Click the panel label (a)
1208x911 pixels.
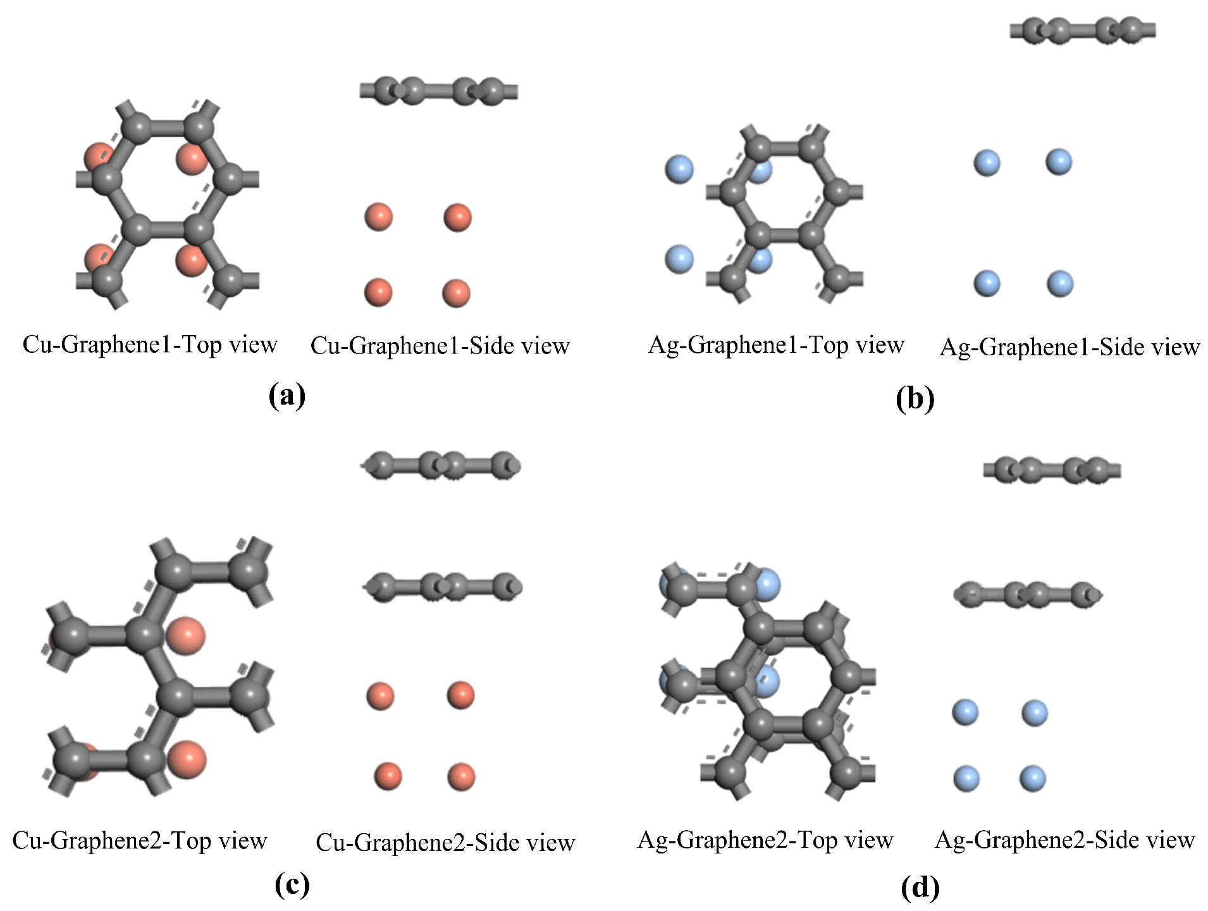(x=287, y=396)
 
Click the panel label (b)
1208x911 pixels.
(x=915, y=398)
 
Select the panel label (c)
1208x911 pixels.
(x=292, y=884)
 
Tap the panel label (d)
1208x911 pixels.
(x=920, y=888)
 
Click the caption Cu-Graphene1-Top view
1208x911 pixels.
(x=150, y=345)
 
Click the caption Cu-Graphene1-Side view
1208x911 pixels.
(x=440, y=346)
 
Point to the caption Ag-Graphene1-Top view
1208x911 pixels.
(x=776, y=345)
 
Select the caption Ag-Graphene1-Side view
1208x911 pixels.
(x=1069, y=347)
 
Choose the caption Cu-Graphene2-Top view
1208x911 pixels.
(x=139, y=841)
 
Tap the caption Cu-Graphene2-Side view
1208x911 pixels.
(x=445, y=843)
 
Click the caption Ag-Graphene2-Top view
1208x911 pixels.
(x=765, y=840)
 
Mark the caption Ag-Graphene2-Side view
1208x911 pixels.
(x=1064, y=840)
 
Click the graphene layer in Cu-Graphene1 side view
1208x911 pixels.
(x=439, y=92)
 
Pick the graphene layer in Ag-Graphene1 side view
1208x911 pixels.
(x=1083, y=30)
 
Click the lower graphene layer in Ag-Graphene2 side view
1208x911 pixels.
(x=1028, y=595)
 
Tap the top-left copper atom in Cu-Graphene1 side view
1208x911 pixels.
(x=379, y=217)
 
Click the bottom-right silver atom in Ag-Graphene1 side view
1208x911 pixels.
(x=1060, y=283)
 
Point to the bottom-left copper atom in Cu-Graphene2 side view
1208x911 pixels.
(x=388, y=776)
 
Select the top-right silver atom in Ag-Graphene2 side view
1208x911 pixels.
(x=1035, y=713)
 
